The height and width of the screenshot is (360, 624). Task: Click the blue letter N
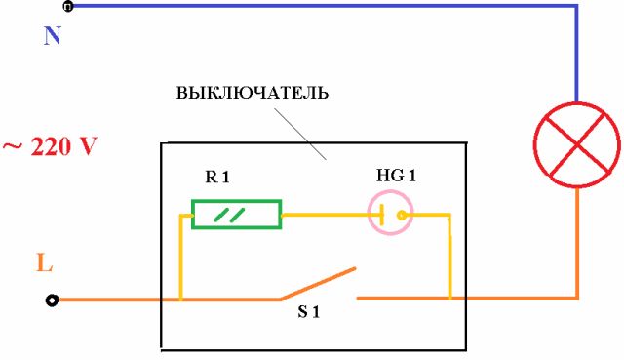click(x=53, y=37)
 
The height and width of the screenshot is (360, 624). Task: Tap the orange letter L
click(x=43, y=262)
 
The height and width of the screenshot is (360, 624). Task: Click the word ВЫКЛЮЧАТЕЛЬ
click(x=252, y=95)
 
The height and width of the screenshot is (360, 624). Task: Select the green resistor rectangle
click(x=236, y=214)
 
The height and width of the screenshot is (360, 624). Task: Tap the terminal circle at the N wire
click(x=66, y=7)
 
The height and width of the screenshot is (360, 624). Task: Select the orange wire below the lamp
click(x=577, y=244)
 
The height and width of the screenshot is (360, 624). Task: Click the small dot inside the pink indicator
click(x=398, y=213)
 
